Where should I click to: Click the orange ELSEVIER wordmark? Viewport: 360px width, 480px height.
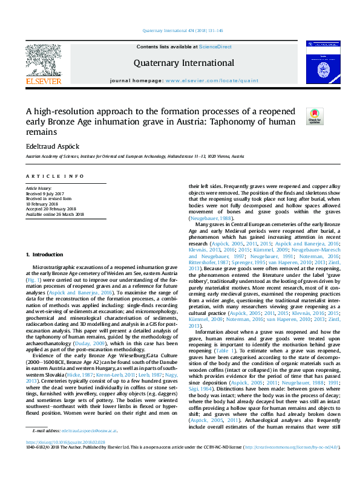(x=43, y=81)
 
